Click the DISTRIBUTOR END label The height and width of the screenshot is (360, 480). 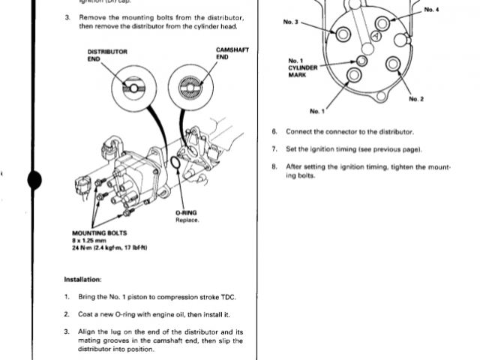[107, 55]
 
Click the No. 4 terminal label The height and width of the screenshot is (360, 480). [433, 9]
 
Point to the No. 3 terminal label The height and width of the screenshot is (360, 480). [291, 22]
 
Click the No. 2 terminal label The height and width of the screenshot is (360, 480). [416, 100]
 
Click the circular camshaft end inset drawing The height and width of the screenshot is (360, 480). [185, 88]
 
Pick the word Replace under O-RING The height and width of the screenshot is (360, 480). [186, 220]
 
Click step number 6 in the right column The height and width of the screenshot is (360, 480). [274, 131]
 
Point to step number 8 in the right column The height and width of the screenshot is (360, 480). [274, 166]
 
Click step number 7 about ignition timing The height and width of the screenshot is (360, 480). [274, 148]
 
